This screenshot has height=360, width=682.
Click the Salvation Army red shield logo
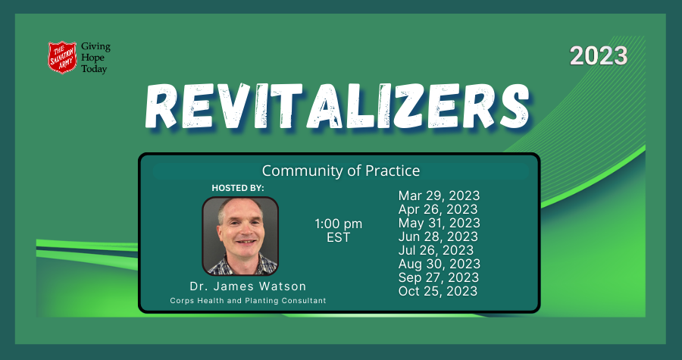point(61,58)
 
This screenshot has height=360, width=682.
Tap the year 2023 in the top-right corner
point(599,55)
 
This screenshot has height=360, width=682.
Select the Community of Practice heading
point(340,171)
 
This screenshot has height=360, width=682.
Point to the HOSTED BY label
point(238,187)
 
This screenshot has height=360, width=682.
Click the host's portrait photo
point(240,236)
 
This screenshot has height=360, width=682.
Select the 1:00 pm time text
point(338,224)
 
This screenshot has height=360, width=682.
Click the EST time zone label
point(338,237)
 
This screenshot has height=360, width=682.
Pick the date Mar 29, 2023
point(439,196)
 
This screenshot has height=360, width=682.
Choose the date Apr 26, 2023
point(438,209)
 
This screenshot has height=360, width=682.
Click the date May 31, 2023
point(440,223)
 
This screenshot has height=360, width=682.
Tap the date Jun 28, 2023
point(439,236)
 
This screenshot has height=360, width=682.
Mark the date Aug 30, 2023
point(440,264)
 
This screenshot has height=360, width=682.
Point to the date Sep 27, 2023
point(439,277)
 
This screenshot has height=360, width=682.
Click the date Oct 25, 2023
point(438,291)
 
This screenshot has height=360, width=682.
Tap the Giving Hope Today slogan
point(95,58)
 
